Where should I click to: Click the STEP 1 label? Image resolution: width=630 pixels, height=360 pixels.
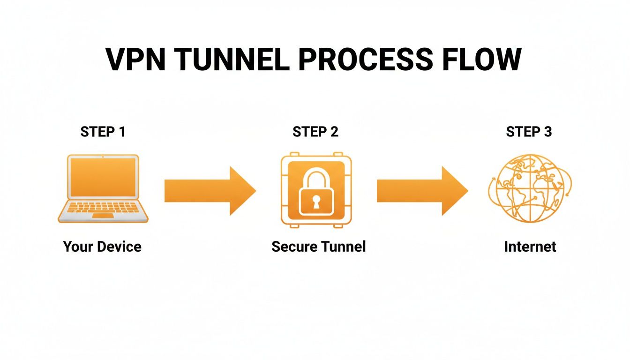pyautogui.click(x=103, y=132)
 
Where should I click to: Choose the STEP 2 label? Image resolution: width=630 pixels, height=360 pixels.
pyautogui.click(x=315, y=132)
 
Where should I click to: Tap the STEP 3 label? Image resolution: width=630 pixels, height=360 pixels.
pyautogui.click(x=529, y=132)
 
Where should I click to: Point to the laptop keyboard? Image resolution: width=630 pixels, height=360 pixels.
pyautogui.click(x=103, y=207)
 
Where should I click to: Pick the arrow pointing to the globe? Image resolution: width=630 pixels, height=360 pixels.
pyautogui.click(x=422, y=191)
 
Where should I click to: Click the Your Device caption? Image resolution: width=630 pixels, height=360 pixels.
pyautogui.click(x=102, y=247)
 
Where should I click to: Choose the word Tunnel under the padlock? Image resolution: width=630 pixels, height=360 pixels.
pyautogui.click(x=343, y=247)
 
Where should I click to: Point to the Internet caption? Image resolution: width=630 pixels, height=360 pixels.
pyautogui.click(x=530, y=247)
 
